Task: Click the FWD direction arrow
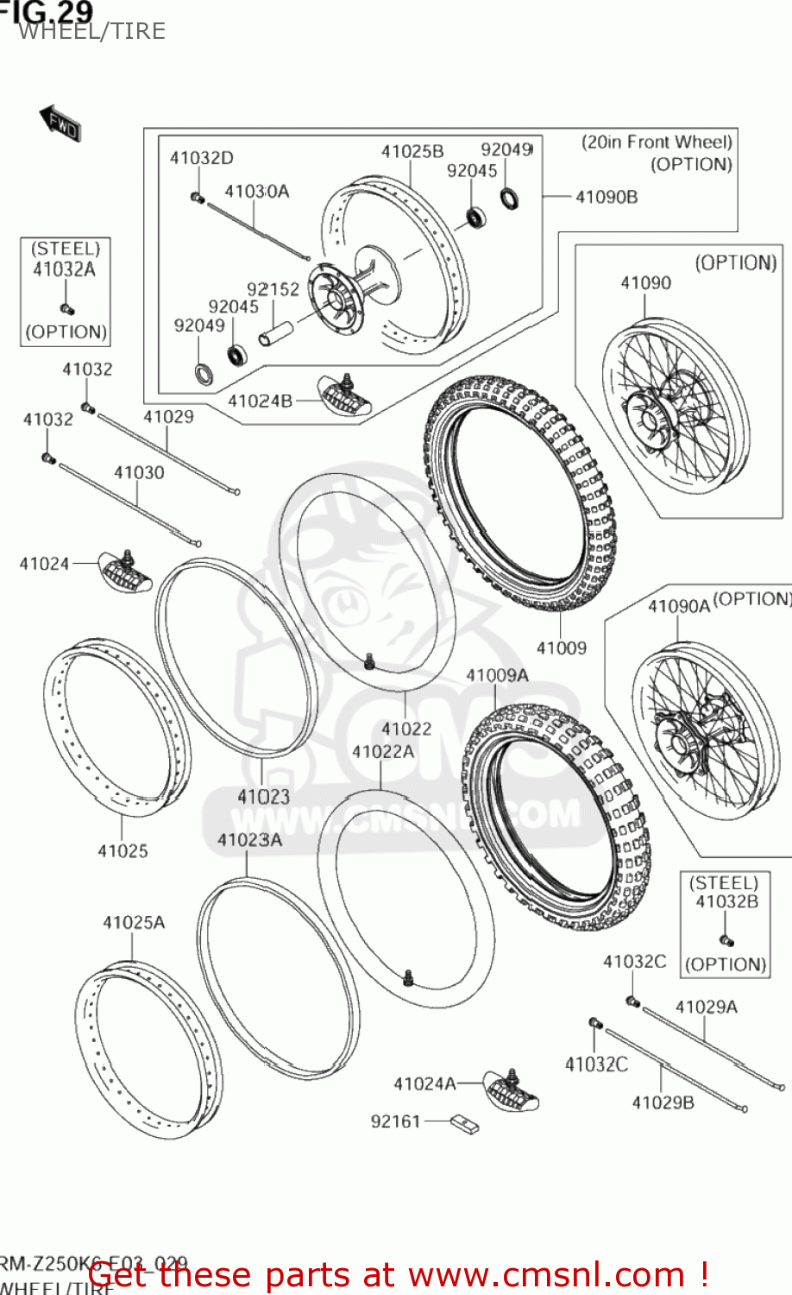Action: [60, 123]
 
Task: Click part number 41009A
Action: [497, 675]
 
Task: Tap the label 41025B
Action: [412, 151]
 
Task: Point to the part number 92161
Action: [395, 1121]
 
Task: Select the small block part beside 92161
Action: [465, 1123]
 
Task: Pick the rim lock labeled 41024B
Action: [344, 395]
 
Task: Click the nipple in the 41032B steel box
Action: [726, 939]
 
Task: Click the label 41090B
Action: [607, 197]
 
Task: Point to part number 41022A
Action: [382, 752]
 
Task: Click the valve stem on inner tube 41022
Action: [369, 661]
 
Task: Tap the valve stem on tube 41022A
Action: [408, 976]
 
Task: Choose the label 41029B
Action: [663, 1102]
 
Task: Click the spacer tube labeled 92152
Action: [276, 332]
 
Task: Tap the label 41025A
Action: [134, 923]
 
